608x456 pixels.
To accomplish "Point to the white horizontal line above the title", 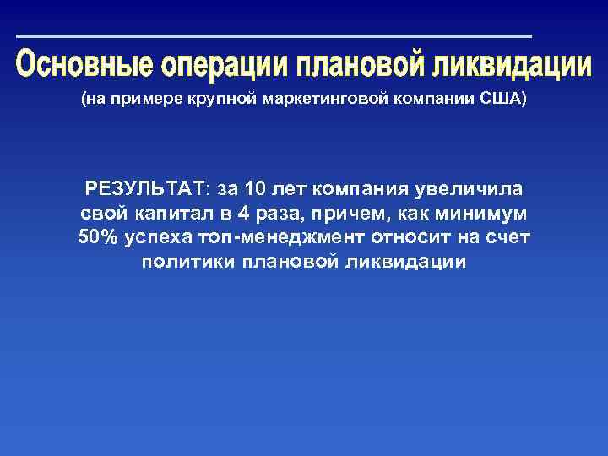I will click(x=274, y=36).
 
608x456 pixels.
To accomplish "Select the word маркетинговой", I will click(x=325, y=100).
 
